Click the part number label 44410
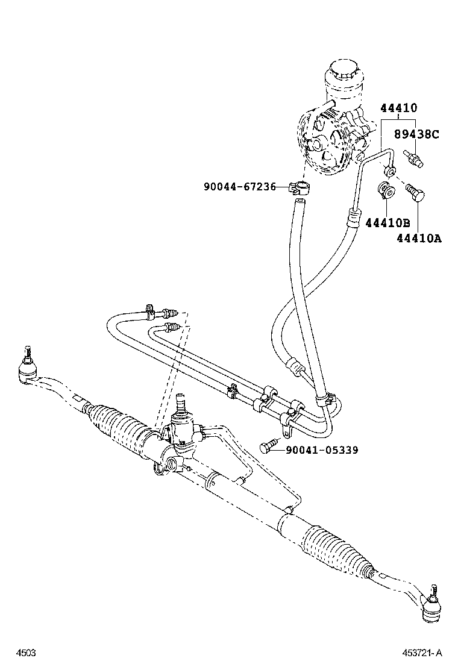pyautogui.click(x=398, y=108)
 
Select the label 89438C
pyautogui.click(x=416, y=134)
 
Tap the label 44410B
pyautogui.click(x=386, y=222)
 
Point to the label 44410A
pyautogui.click(x=419, y=238)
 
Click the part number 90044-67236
pyautogui.click(x=239, y=187)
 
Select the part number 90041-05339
pyautogui.click(x=322, y=449)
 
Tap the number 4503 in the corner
pyautogui.click(x=26, y=653)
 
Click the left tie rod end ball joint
pyautogui.click(x=27, y=366)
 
